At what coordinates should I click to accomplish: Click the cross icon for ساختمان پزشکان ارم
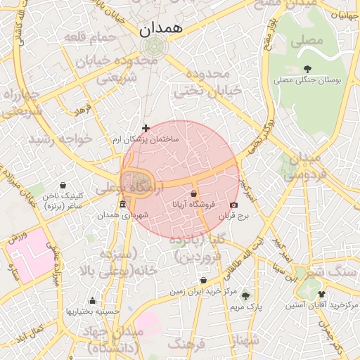[146, 129]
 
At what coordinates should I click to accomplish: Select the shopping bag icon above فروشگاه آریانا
[193, 193]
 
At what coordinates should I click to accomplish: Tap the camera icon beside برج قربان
[233, 205]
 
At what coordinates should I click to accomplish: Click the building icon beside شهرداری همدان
[123, 205]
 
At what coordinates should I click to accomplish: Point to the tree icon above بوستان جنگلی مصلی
[307, 69]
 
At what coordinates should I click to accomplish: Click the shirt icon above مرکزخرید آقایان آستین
[322, 295]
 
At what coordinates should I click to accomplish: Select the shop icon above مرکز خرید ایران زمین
[203, 280]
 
